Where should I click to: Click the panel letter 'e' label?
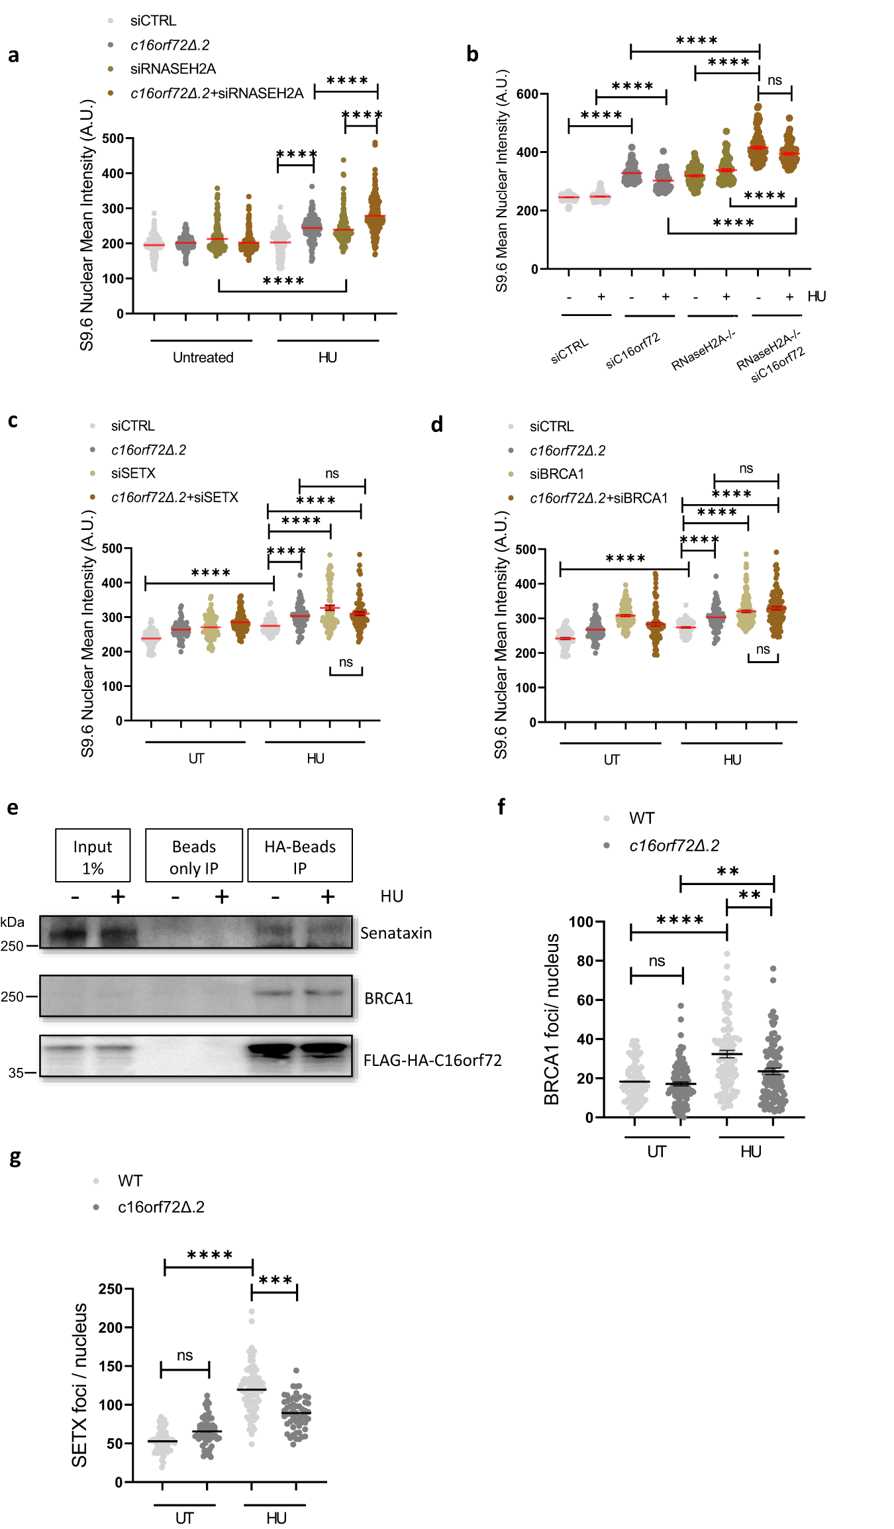(13, 808)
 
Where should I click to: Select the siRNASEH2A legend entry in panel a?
(173, 69)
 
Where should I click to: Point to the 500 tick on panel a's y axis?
(113, 138)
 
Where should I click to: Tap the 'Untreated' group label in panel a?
(203, 358)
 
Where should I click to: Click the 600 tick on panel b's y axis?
(527, 94)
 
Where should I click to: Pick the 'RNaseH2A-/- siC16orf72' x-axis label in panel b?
(772, 358)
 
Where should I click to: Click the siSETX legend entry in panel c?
(133, 474)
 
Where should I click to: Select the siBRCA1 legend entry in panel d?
(556, 474)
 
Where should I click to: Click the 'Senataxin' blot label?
(396, 933)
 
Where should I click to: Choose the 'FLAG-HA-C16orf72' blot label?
(432, 1061)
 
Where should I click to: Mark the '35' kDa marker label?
(16, 1073)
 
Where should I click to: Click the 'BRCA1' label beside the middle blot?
(389, 998)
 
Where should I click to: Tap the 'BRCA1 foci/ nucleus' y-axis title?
(552, 1020)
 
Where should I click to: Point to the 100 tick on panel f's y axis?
(581, 922)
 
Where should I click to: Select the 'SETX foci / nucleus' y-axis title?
(79, 1386)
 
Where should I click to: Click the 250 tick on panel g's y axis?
(111, 1289)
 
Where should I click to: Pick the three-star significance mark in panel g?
(275, 1280)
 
